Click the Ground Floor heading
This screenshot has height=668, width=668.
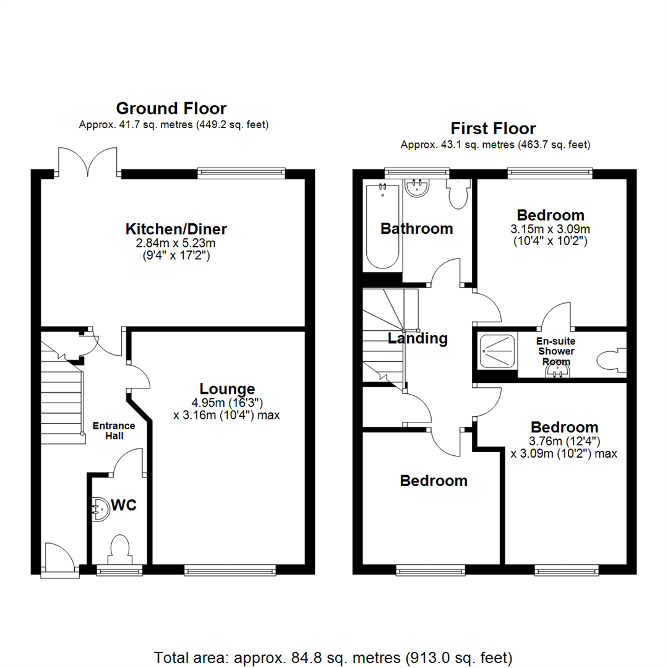171,109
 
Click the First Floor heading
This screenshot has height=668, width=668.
493,129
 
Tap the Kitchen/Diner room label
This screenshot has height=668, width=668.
176,229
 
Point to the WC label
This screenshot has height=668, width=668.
124,505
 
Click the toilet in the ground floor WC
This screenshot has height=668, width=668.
118,549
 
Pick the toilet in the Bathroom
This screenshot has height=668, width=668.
458,194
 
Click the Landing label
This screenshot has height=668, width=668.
417,338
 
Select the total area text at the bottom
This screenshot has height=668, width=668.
333,656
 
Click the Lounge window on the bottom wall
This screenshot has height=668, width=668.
230,570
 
